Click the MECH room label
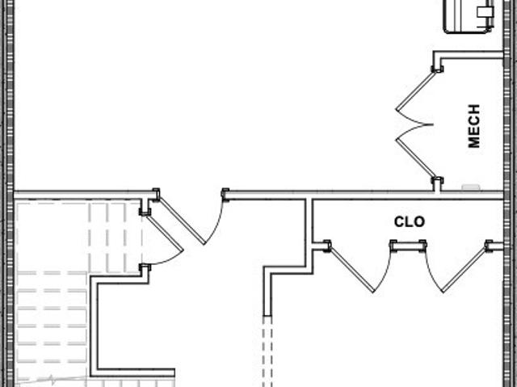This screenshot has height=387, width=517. (x=474, y=126)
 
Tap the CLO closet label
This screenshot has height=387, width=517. (x=410, y=222)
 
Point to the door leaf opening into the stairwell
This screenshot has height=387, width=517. (x=165, y=233)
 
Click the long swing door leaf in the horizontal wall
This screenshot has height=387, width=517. (x=182, y=221)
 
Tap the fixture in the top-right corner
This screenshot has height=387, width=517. (x=469, y=16)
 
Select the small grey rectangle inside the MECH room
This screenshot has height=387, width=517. (x=470, y=187)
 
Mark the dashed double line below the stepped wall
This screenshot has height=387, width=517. (x=267, y=351)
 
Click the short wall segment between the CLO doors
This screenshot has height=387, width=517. (x=408, y=246)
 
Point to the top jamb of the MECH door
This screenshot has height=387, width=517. (x=438, y=69)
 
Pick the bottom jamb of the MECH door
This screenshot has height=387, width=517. (x=438, y=181)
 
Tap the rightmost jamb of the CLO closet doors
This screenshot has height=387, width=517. (x=489, y=246)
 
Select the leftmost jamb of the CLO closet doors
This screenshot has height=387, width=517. (x=327, y=246)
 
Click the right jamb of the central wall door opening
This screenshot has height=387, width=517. (x=225, y=195)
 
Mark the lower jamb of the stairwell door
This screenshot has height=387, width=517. (x=145, y=267)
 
